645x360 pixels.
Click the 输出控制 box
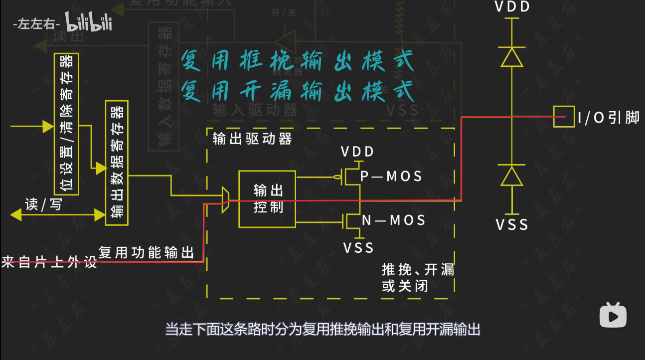(x=267, y=199)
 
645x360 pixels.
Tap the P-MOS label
(x=391, y=176)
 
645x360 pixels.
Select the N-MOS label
(x=393, y=220)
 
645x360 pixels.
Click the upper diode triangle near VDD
(x=512, y=57)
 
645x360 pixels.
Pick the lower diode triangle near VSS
(x=512, y=176)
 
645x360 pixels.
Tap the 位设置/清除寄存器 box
(x=66, y=124)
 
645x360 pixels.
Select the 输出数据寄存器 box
(x=117, y=163)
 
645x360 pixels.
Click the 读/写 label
(x=43, y=204)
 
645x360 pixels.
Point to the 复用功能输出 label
(x=146, y=252)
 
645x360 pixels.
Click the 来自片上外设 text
(x=49, y=262)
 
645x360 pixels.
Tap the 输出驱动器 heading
(x=252, y=139)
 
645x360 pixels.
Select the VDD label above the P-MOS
(x=357, y=152)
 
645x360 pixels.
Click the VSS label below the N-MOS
(x=358, y=247)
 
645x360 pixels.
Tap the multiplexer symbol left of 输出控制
(x=225, y=200)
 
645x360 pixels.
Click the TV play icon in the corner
(x=613, y=315)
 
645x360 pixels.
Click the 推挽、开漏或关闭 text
(x=418, y=278)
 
